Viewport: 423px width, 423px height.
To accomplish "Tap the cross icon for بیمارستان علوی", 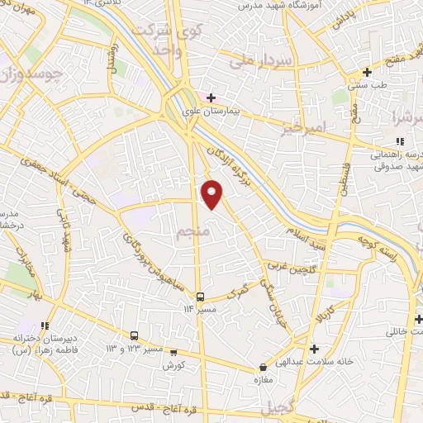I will point(211,97).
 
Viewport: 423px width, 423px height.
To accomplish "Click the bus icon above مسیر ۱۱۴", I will point(200,296).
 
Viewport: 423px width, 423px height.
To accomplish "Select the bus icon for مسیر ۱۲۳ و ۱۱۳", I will point(134,335).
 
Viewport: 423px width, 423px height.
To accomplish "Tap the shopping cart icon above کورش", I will point(173,351).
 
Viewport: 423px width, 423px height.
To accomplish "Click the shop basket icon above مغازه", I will point(264,367).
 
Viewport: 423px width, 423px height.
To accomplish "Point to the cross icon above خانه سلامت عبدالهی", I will point(313,348).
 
